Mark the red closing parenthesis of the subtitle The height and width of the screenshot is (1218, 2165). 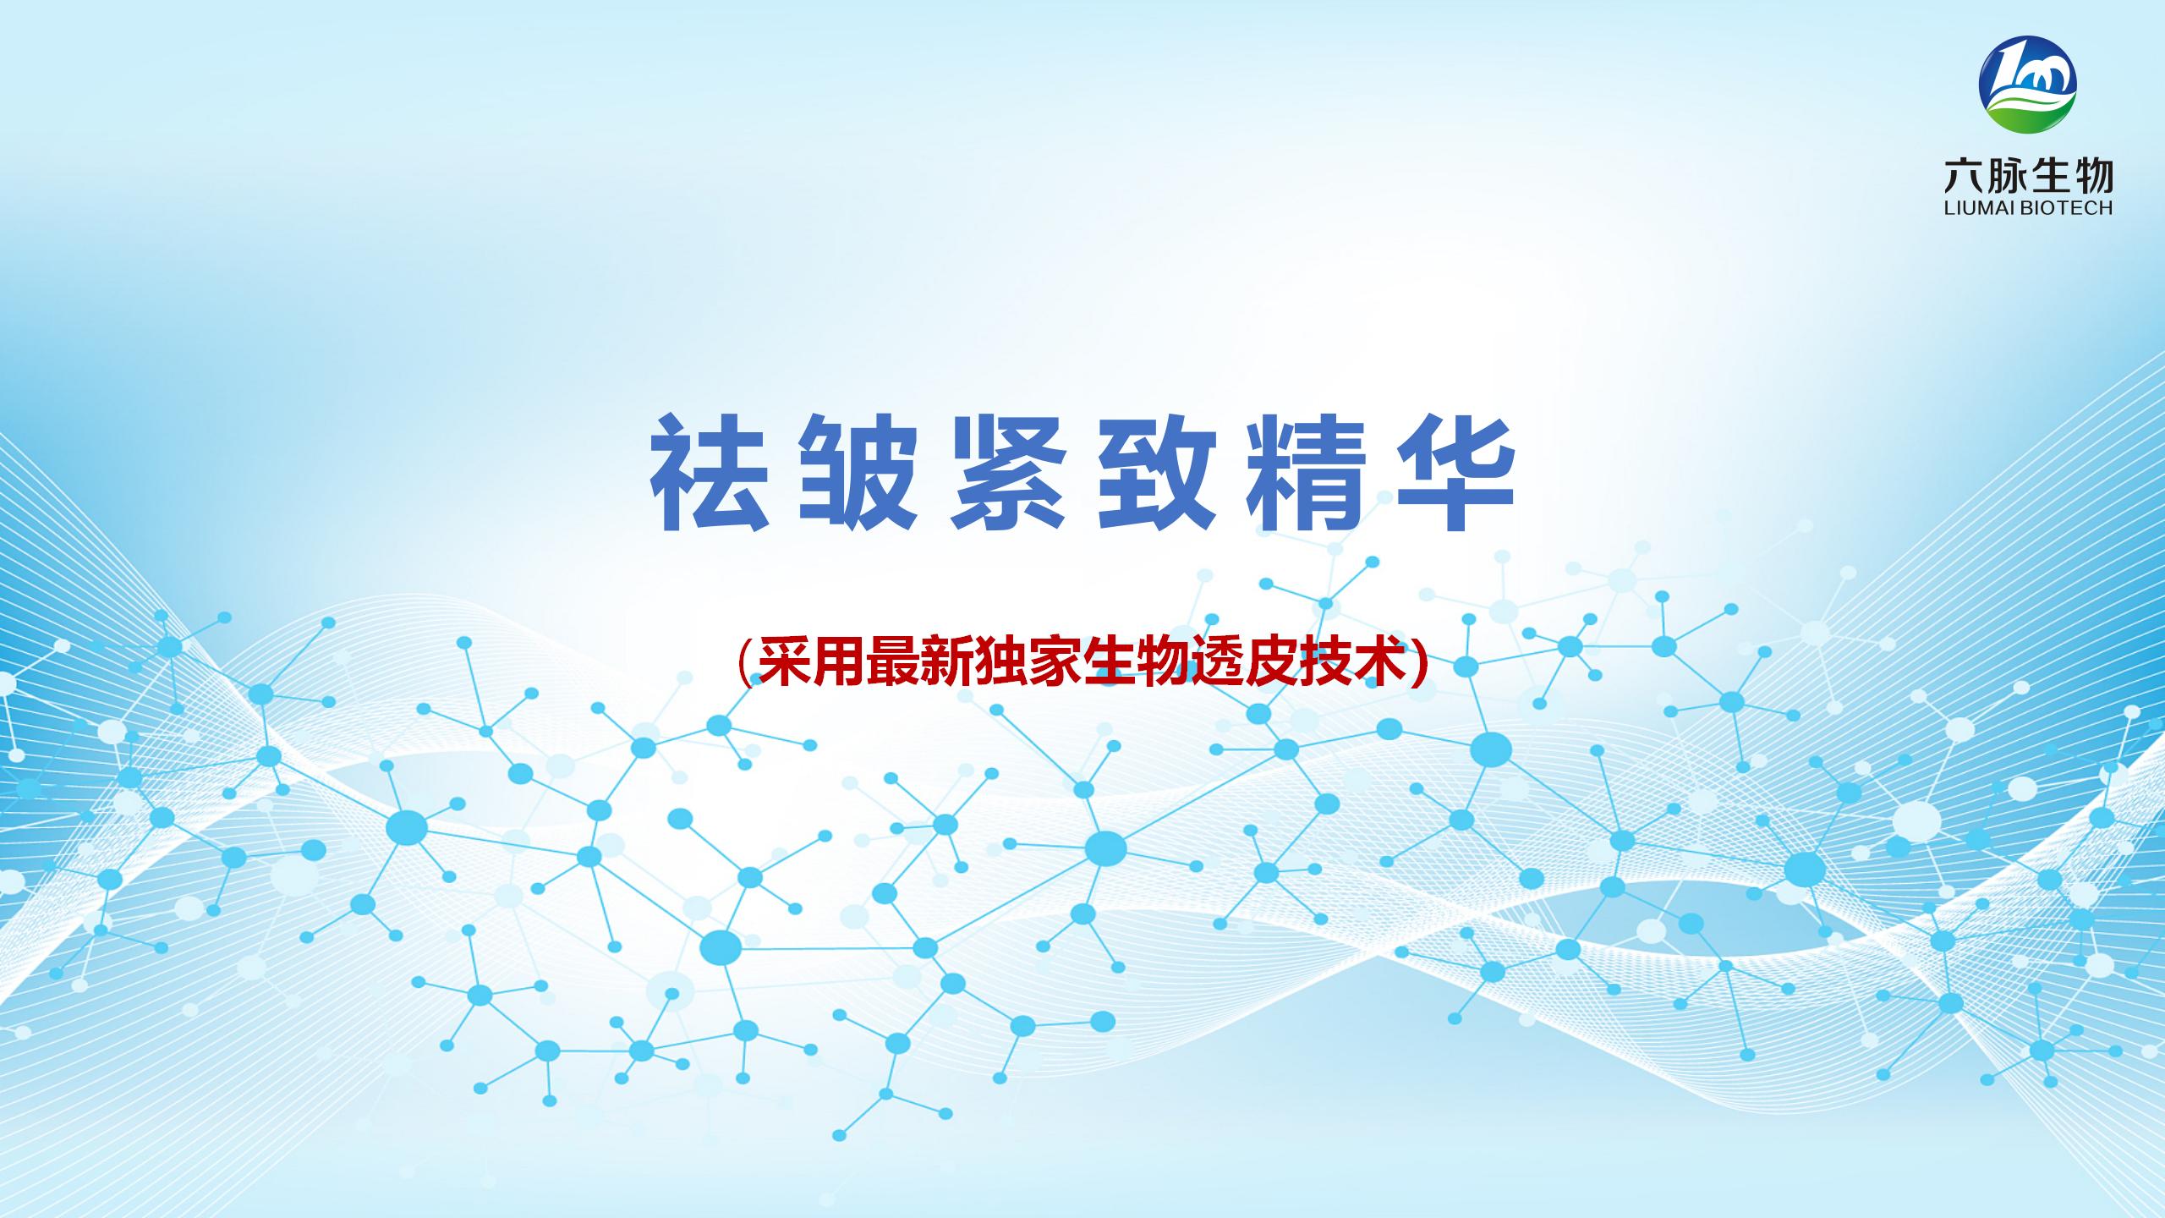(x=1419, y=663)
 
